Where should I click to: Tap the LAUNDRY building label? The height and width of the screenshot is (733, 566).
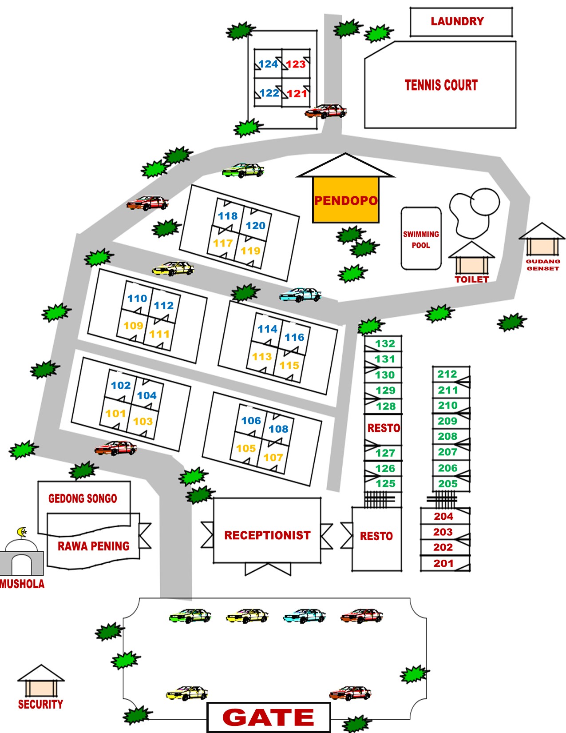(x=457, y=21)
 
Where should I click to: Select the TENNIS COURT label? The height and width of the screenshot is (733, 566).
(x=441, y=85)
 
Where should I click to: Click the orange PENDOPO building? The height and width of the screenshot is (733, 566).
(x=345, y=200)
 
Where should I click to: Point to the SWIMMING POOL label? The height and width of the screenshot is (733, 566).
(x=421, y=239)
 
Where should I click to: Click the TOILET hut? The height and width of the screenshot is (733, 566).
(x=471, y=258)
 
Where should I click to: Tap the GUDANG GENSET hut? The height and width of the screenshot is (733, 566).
(x=542, y=239)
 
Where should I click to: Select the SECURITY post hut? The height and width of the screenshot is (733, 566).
(x=41, y=681)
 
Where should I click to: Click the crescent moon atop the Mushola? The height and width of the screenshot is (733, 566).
(x=22, y=532)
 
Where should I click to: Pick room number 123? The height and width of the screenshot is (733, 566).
(x=296, y=64)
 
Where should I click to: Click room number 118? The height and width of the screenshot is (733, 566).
(x=228, y=216)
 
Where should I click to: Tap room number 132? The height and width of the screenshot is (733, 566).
(x=385, y=343)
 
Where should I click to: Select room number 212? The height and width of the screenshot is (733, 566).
(x=447, y=374)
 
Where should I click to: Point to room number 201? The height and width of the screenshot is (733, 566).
(x=443, y=563)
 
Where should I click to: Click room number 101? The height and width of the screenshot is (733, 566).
(x=115, y=413)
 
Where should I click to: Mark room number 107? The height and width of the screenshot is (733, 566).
(x=273, y=458)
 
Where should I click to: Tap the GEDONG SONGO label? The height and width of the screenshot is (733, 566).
(x=83, y=498)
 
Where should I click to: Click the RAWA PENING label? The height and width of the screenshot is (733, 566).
(x=93, y=546)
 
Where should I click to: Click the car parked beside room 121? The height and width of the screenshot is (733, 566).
(x=326, y=112)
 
